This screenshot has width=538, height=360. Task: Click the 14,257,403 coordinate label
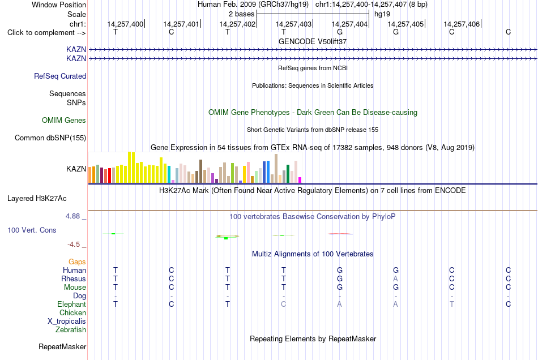point(293,24)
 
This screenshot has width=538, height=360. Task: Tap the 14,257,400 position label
point(125,24)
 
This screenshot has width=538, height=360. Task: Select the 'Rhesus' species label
point(74,278)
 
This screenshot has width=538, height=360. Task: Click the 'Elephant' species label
point(71,304)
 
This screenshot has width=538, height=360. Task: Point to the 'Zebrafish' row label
point(71,329)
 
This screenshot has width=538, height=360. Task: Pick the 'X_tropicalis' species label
point(67,322)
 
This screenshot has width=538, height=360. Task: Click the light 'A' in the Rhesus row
point(396,278)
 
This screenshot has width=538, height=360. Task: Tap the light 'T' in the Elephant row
point(451,304)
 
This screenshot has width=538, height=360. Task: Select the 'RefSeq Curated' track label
point(60,76)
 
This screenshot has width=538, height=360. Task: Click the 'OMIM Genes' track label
point(64,121)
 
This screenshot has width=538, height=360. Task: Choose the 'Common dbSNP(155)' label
point(50,138)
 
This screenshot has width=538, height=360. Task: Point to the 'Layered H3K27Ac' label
point(37,199)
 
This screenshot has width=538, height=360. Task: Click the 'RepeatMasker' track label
point(62,346)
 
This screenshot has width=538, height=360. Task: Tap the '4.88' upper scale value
point(72,216)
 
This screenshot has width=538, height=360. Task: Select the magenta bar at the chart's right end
point(300,180)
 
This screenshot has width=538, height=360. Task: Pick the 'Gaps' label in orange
point(77,262)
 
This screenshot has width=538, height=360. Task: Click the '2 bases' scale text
point(242,14)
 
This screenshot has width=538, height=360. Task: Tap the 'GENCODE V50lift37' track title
point(313,41)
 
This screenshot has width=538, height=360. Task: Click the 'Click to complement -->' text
point(46,33)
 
